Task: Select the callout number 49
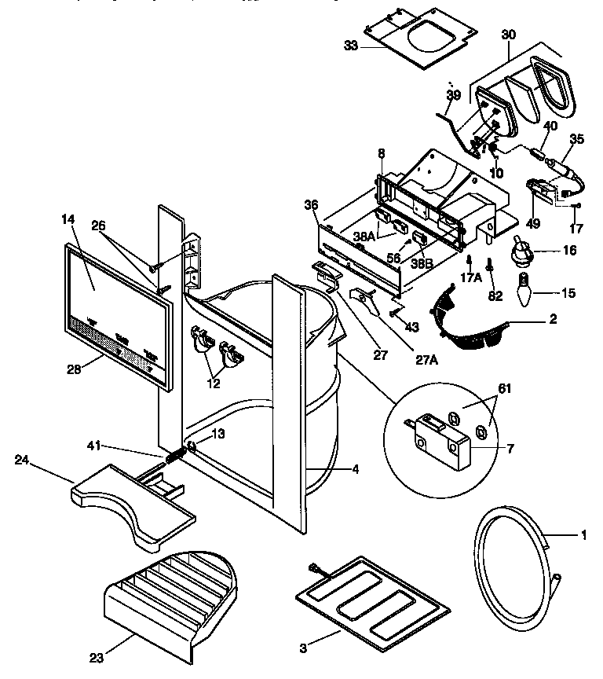[533, 223]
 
